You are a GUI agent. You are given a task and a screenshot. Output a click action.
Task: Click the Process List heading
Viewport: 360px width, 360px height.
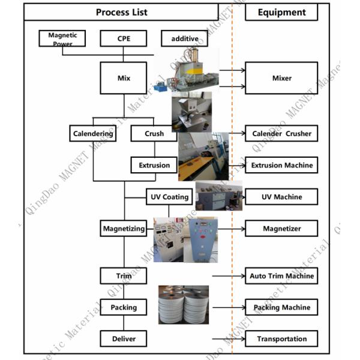121,12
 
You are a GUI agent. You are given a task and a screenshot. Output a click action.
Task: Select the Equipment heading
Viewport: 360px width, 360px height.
281,12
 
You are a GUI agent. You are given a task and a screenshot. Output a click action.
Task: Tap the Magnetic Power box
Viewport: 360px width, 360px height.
62,39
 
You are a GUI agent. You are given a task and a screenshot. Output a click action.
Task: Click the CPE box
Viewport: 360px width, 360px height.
123,39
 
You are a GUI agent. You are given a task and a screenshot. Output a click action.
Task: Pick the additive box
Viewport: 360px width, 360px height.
184,39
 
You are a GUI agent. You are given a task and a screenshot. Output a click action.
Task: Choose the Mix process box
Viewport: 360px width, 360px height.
123,78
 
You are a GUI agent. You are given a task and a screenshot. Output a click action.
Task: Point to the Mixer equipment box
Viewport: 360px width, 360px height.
281,78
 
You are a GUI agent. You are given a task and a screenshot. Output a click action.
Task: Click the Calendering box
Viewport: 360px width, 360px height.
92,133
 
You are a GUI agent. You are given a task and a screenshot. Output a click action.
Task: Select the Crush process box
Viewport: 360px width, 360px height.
154,133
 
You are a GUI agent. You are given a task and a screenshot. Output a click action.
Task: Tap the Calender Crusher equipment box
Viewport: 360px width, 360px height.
281,133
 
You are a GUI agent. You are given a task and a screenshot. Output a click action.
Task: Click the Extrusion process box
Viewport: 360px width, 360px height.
154,165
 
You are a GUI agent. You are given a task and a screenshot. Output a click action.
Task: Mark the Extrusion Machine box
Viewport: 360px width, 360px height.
281,165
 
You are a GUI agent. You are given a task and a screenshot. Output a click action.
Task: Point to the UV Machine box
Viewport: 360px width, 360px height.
281,196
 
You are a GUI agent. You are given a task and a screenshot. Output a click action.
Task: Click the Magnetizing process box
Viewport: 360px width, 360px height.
123,228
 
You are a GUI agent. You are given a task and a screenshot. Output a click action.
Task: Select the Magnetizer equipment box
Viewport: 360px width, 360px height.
281,228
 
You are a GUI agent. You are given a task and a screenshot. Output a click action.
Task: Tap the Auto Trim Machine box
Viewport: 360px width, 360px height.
281,276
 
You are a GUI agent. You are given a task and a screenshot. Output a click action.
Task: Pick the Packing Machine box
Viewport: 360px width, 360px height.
281,307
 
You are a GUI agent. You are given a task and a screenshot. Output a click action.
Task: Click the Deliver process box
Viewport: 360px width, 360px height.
123,338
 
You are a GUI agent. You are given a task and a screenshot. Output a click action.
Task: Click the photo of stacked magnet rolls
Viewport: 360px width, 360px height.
183,305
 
